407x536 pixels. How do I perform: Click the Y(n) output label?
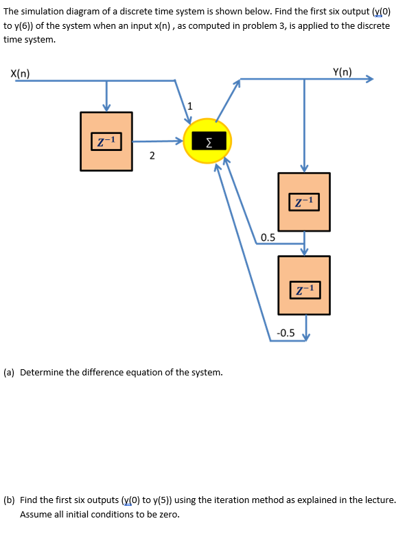pos(342,71)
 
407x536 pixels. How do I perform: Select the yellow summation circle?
pos(207,143)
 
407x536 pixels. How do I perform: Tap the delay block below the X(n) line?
pos(106,141)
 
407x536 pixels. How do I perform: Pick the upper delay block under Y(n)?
pos(304,202)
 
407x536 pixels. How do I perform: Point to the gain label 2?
pos(151,156)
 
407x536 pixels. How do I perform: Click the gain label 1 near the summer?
pos(190,106)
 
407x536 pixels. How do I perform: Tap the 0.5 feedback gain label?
pos(268,237)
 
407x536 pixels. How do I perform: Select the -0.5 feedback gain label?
pos(285,333)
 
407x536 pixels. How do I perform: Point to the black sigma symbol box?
pos(208,142)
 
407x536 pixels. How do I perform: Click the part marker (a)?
pos(10,373)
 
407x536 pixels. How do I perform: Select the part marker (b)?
pos(10,500)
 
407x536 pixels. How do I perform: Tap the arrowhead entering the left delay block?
pos(106,107)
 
